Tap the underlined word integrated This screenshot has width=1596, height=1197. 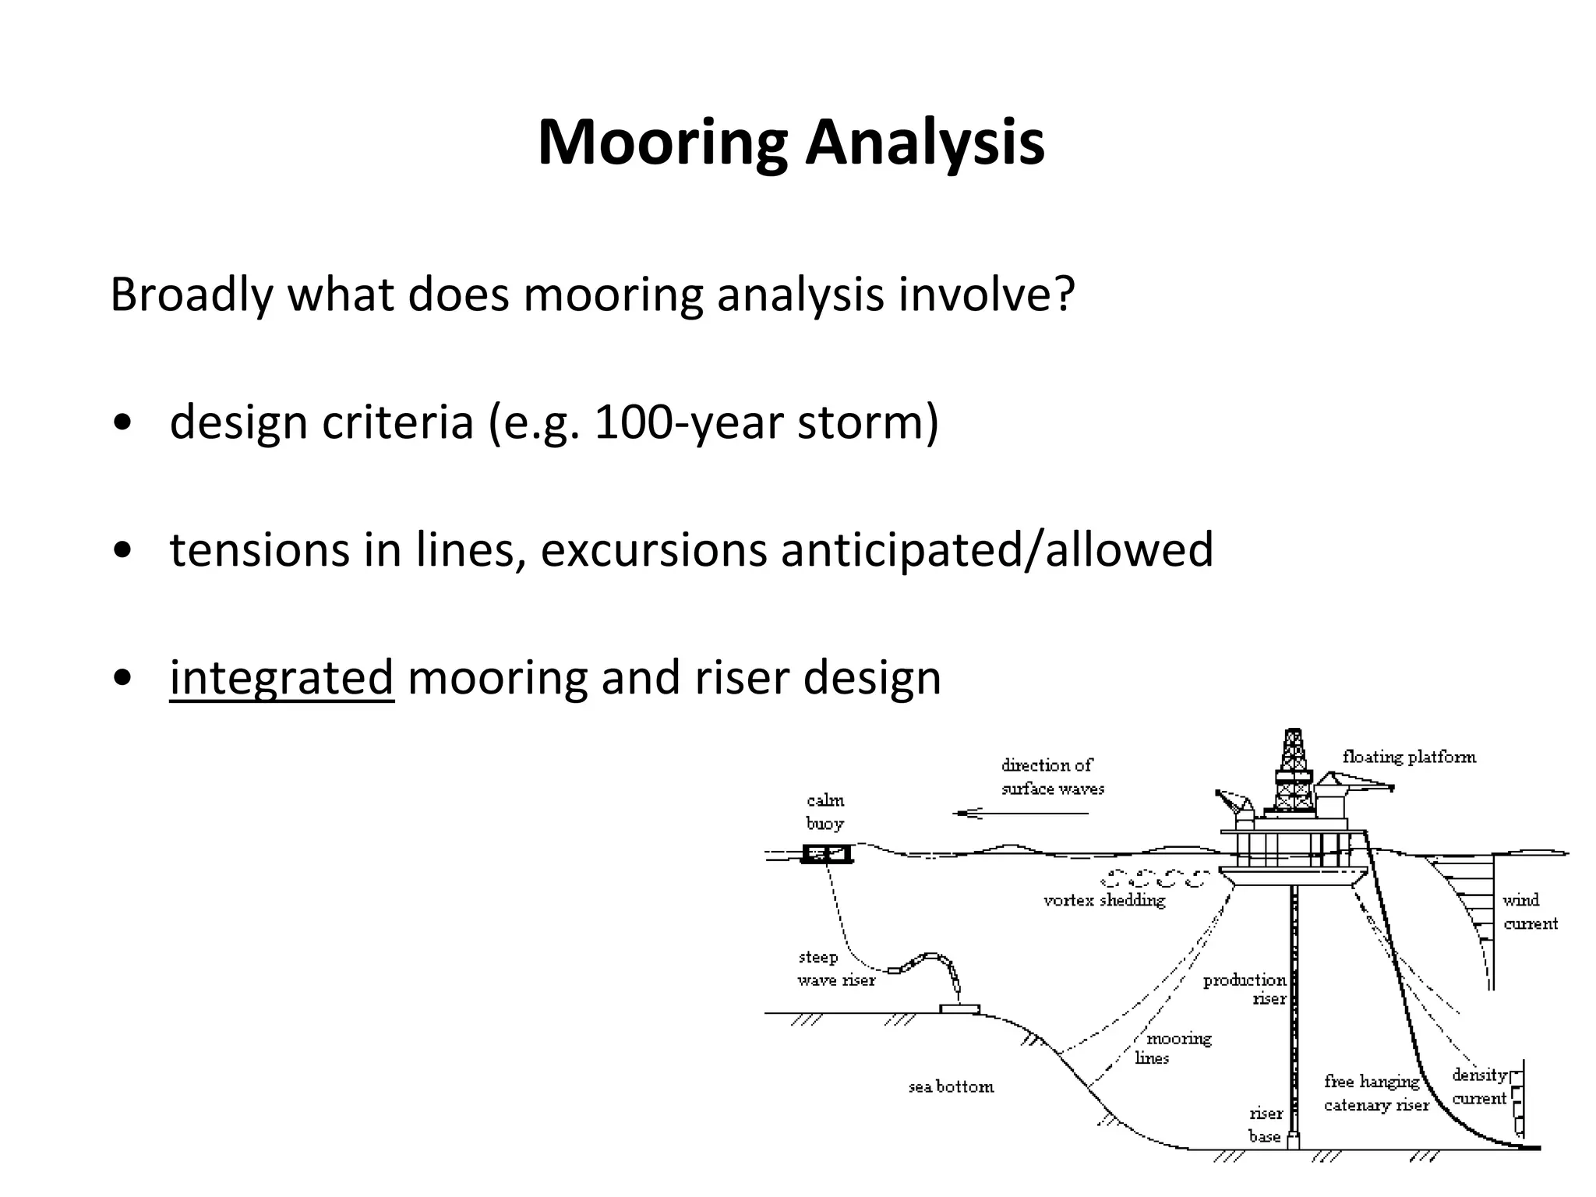click(x=281, y=676)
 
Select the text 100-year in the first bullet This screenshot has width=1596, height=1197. click(x=689, y=422)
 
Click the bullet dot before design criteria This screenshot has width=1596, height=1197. click(x=122, y=423)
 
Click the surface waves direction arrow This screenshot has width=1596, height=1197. click(x=1021, y=814)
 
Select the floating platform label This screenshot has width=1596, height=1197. click(x=1409, y=757)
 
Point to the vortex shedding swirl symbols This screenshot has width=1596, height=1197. click(x=1156, y=878)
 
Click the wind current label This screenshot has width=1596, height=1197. click(x=1529, y=912)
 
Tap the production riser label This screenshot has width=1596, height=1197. click(x=1245, y=989)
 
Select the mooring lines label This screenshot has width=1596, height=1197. click(x=1173, y=1048)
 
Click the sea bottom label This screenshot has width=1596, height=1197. click(x=951, y=1086)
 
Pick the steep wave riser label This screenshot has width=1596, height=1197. click(x=835, y=969)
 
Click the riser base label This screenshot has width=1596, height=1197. click(x=1265, y=1125)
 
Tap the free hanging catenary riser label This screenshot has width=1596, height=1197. click(x=1376, y=1093)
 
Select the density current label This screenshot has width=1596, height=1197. click(x=1478, y=1086)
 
